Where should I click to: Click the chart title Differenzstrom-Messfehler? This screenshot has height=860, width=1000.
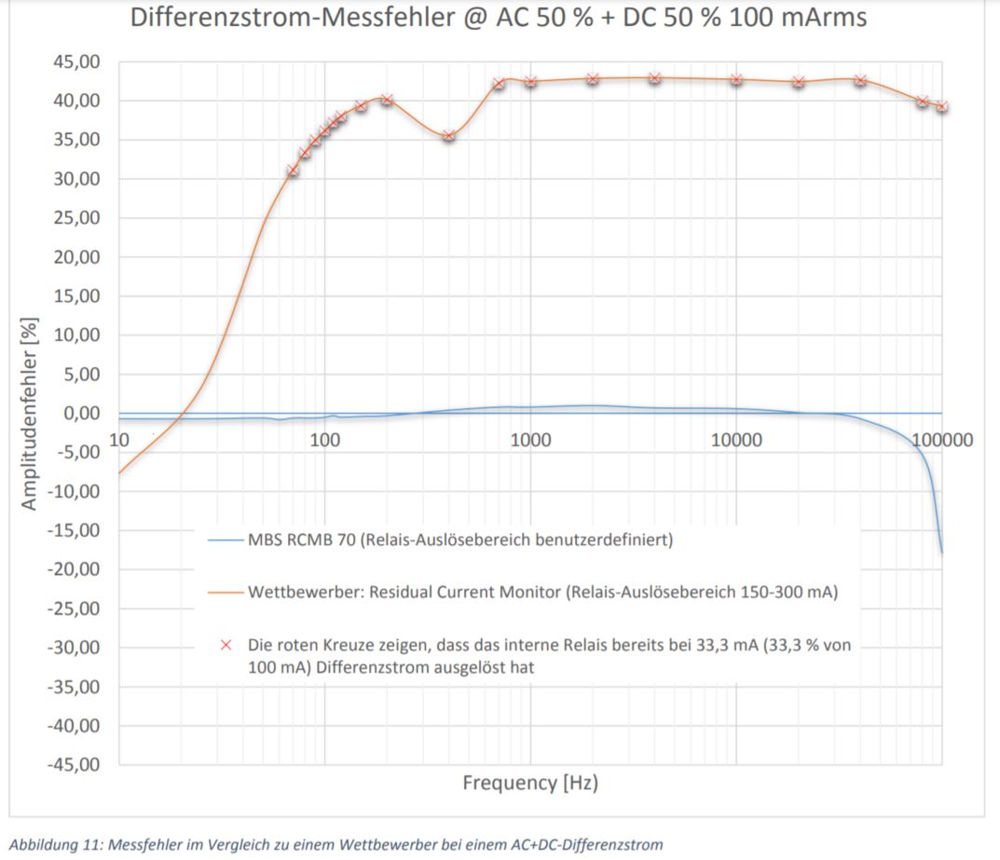(x=499, y=18)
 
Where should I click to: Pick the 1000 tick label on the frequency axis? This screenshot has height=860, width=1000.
(x=530, y=440)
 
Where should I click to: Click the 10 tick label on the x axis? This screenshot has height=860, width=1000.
(x=118, y=440)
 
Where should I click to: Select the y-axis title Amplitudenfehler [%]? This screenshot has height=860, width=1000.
(x=30, y=413)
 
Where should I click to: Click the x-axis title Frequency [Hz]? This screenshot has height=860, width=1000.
(x=530, y=783)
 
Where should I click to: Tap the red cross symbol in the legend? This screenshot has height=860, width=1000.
(x=225, y=645)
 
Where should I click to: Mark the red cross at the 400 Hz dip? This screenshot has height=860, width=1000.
(x=448, y=135)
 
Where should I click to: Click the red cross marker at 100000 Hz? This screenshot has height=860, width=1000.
(x=941, y=106)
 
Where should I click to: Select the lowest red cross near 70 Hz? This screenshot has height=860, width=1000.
(x=293, y=171)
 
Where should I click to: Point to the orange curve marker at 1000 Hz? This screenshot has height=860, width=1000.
(x=530, y=81)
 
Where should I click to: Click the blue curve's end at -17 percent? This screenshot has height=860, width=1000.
(x=941, y=552)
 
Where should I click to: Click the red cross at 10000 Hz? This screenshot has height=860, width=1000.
(x=736, y=79)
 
